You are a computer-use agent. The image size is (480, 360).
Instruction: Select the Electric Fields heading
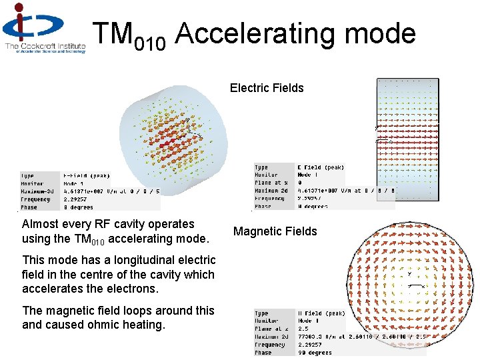coord(267,88)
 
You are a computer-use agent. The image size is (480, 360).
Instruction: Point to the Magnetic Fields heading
coord(275,231)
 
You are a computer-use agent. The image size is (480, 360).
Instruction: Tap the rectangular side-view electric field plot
coord(408,139)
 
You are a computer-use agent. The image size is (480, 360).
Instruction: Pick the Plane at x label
coord(271,183)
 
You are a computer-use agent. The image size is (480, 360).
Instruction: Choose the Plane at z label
coord(271,329)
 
